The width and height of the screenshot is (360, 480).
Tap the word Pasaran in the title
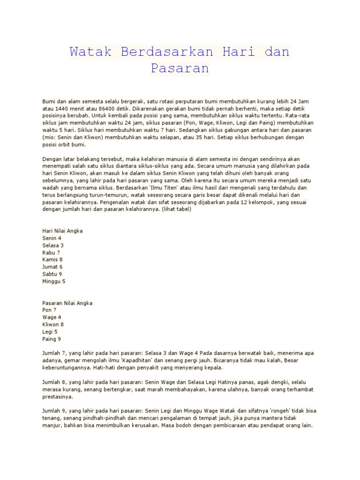[x=180, y=68]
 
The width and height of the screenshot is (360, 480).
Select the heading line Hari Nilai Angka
[x=62, y=231]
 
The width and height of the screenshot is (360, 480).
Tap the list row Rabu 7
[x=51, y=253]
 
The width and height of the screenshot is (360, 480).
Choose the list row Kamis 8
[x=52, y=260]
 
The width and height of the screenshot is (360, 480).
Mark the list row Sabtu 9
[x=52, y=274]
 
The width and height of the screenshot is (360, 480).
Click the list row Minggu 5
[x=54, y=281]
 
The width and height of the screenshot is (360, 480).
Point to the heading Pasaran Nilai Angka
[x=67, y=303]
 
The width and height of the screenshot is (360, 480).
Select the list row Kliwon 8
[x=53, y=324]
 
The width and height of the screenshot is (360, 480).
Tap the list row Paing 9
[x=52, y=339]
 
